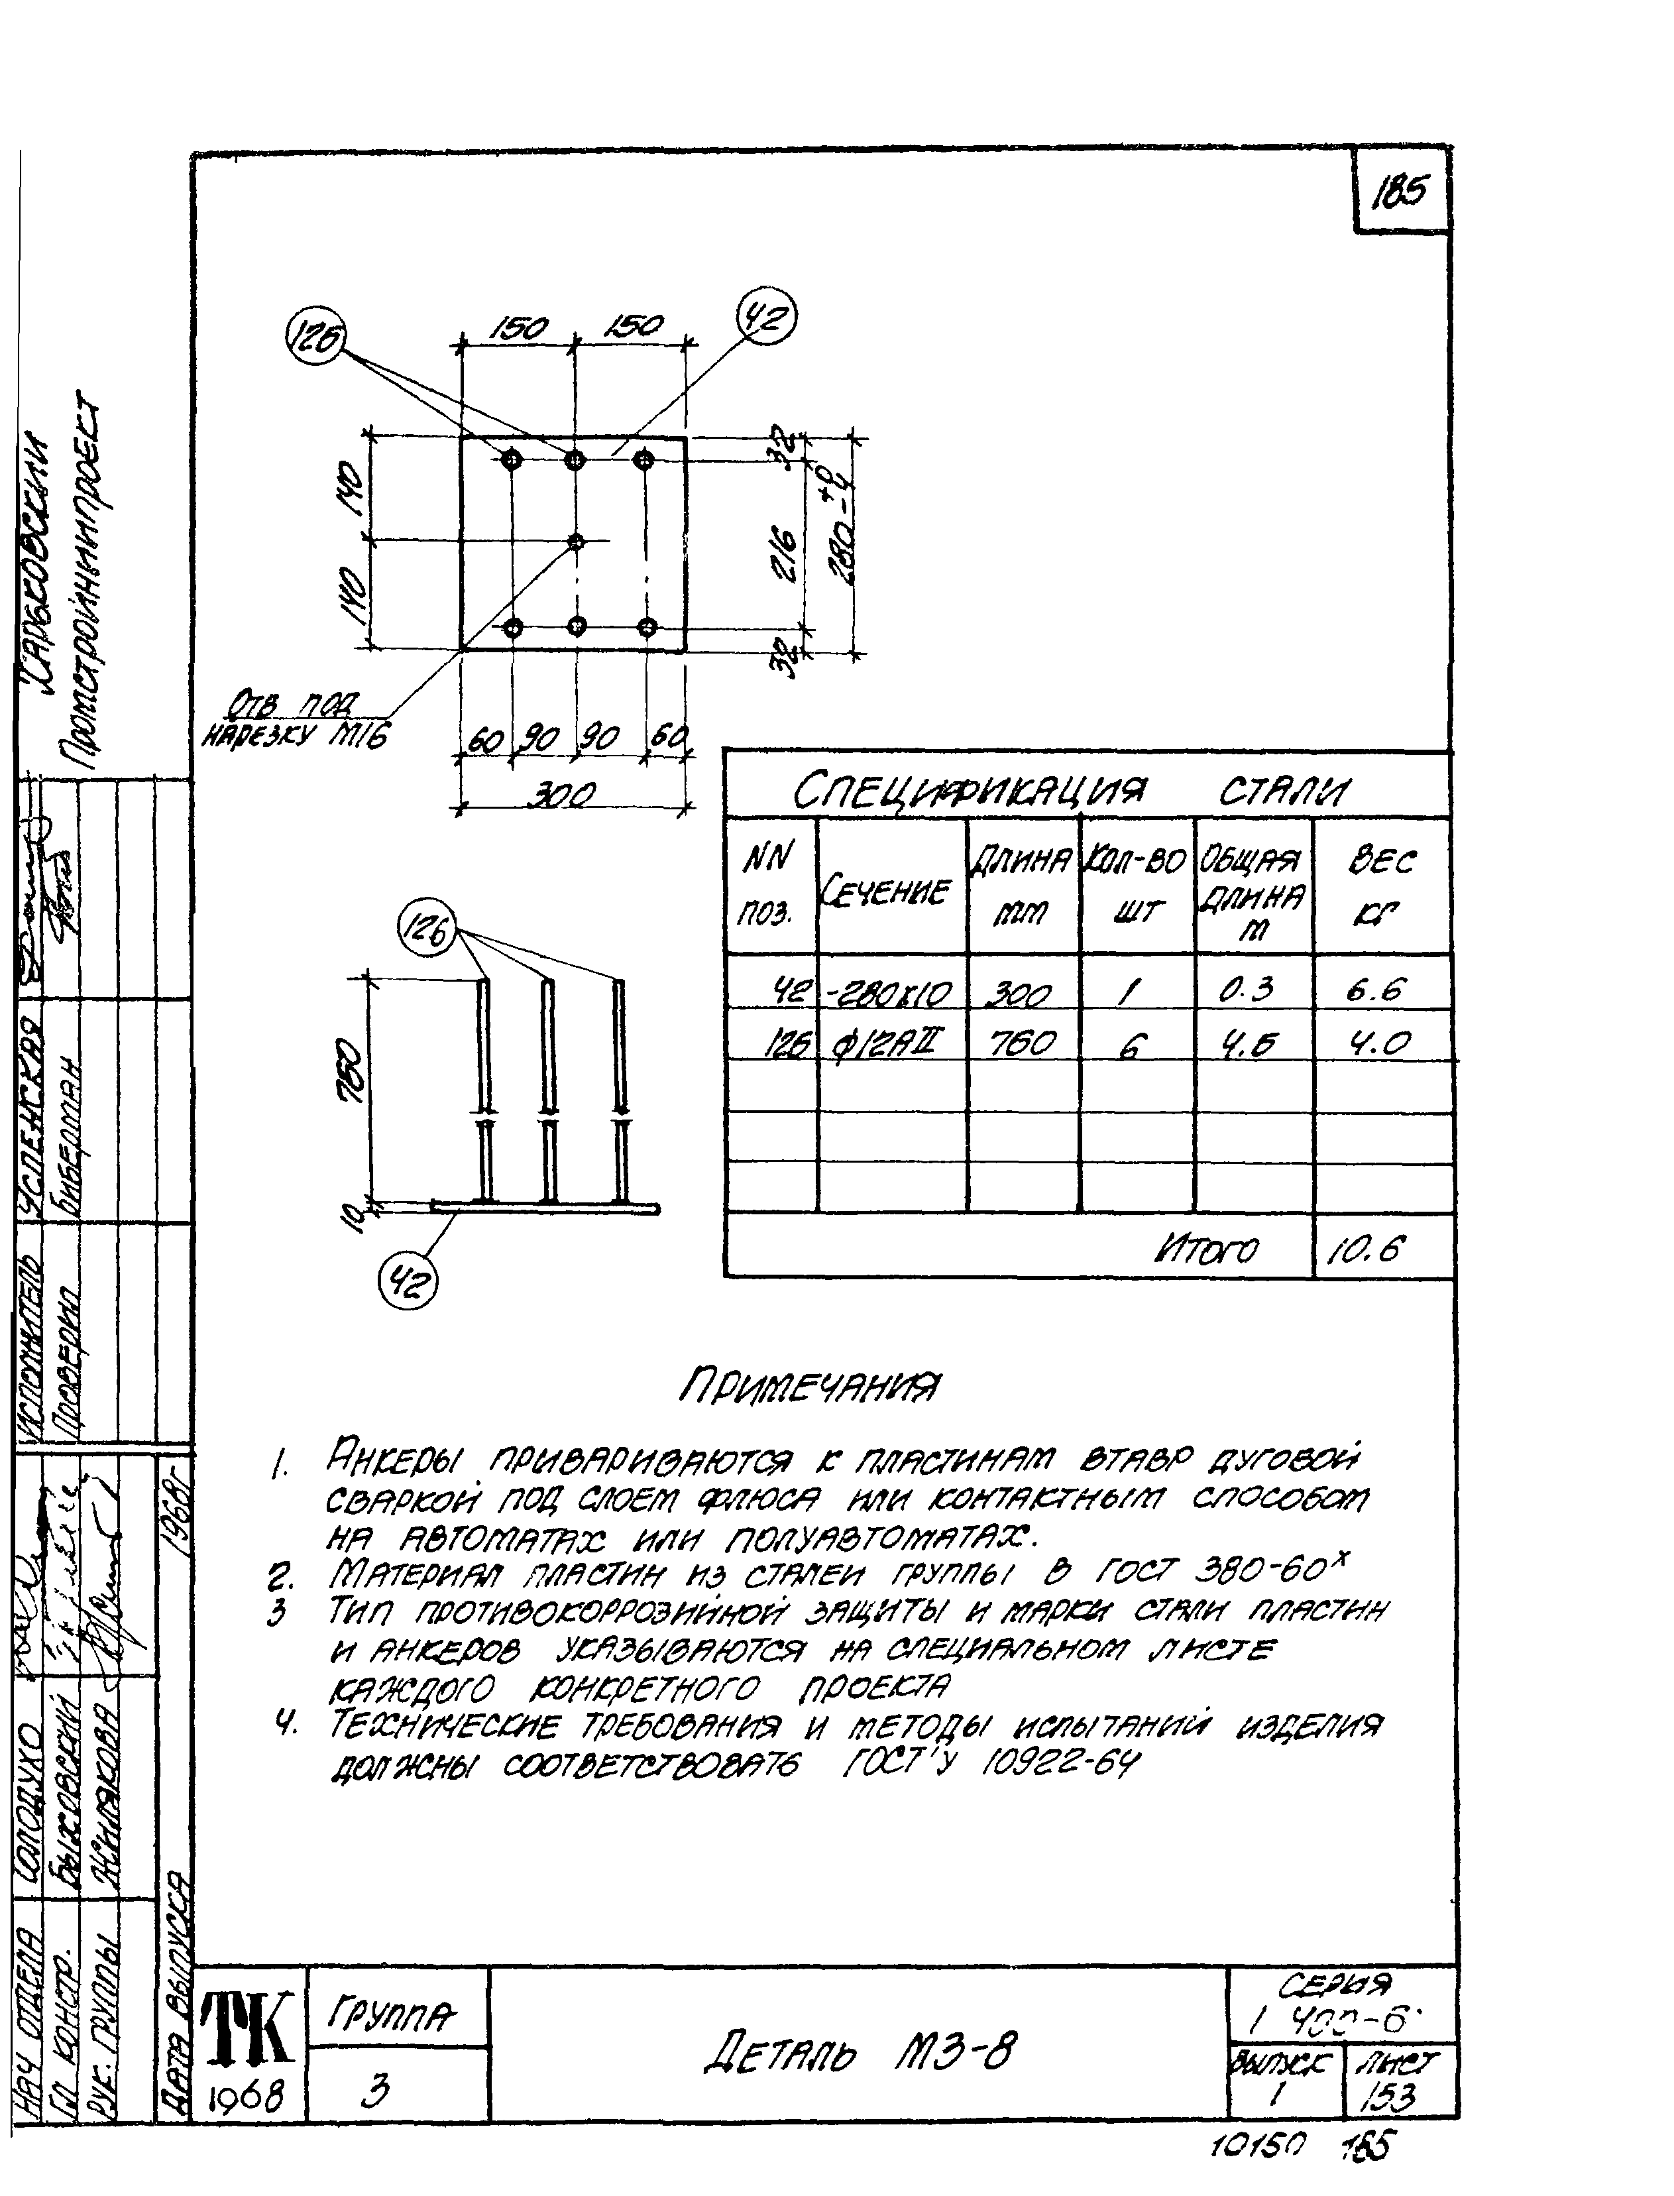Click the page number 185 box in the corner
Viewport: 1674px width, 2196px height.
(1400, 190)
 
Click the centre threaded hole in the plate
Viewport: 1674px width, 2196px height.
(575, 541)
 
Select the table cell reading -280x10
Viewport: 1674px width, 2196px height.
(891, 992)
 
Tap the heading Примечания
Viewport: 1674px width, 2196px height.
(809, 1385)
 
